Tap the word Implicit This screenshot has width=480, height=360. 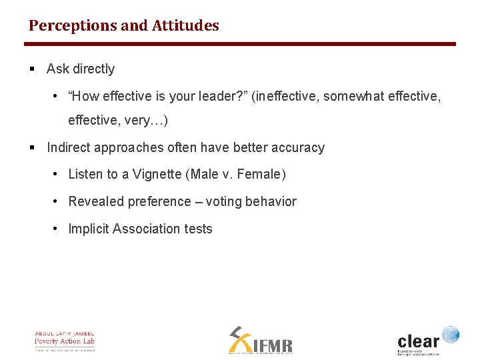pos(89,229)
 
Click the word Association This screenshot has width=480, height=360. pos(147,229)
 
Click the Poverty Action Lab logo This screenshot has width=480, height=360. pos(65,341)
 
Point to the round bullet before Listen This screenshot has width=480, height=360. pos(57,175)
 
